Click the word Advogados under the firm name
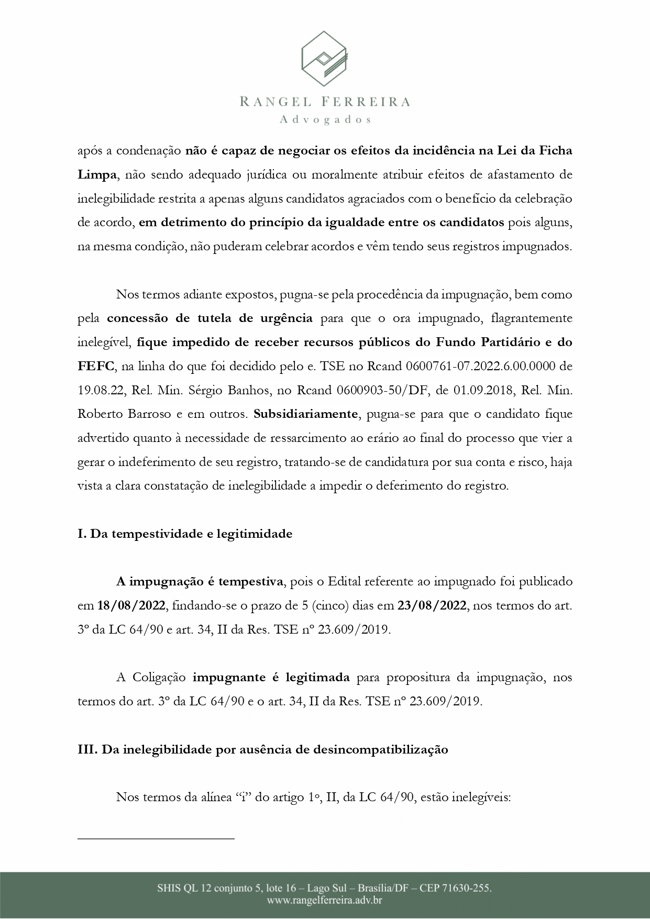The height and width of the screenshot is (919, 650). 325,120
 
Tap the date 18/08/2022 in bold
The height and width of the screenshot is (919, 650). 131,606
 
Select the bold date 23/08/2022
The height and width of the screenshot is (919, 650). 432,606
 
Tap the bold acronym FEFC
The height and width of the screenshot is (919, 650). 96,366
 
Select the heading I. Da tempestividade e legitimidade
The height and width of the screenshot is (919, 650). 185,534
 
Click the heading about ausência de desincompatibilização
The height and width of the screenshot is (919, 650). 263,749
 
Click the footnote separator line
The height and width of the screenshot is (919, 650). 156,839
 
